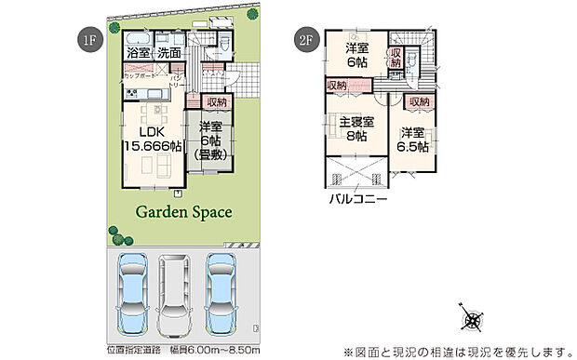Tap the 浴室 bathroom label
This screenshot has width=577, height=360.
tap(139, 53)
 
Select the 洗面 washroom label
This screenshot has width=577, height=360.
tap(168, 53)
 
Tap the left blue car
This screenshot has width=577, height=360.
tap(130, 288)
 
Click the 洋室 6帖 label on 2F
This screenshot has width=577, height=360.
tap(357, 55)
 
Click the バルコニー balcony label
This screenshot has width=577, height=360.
tap(357, 199)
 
